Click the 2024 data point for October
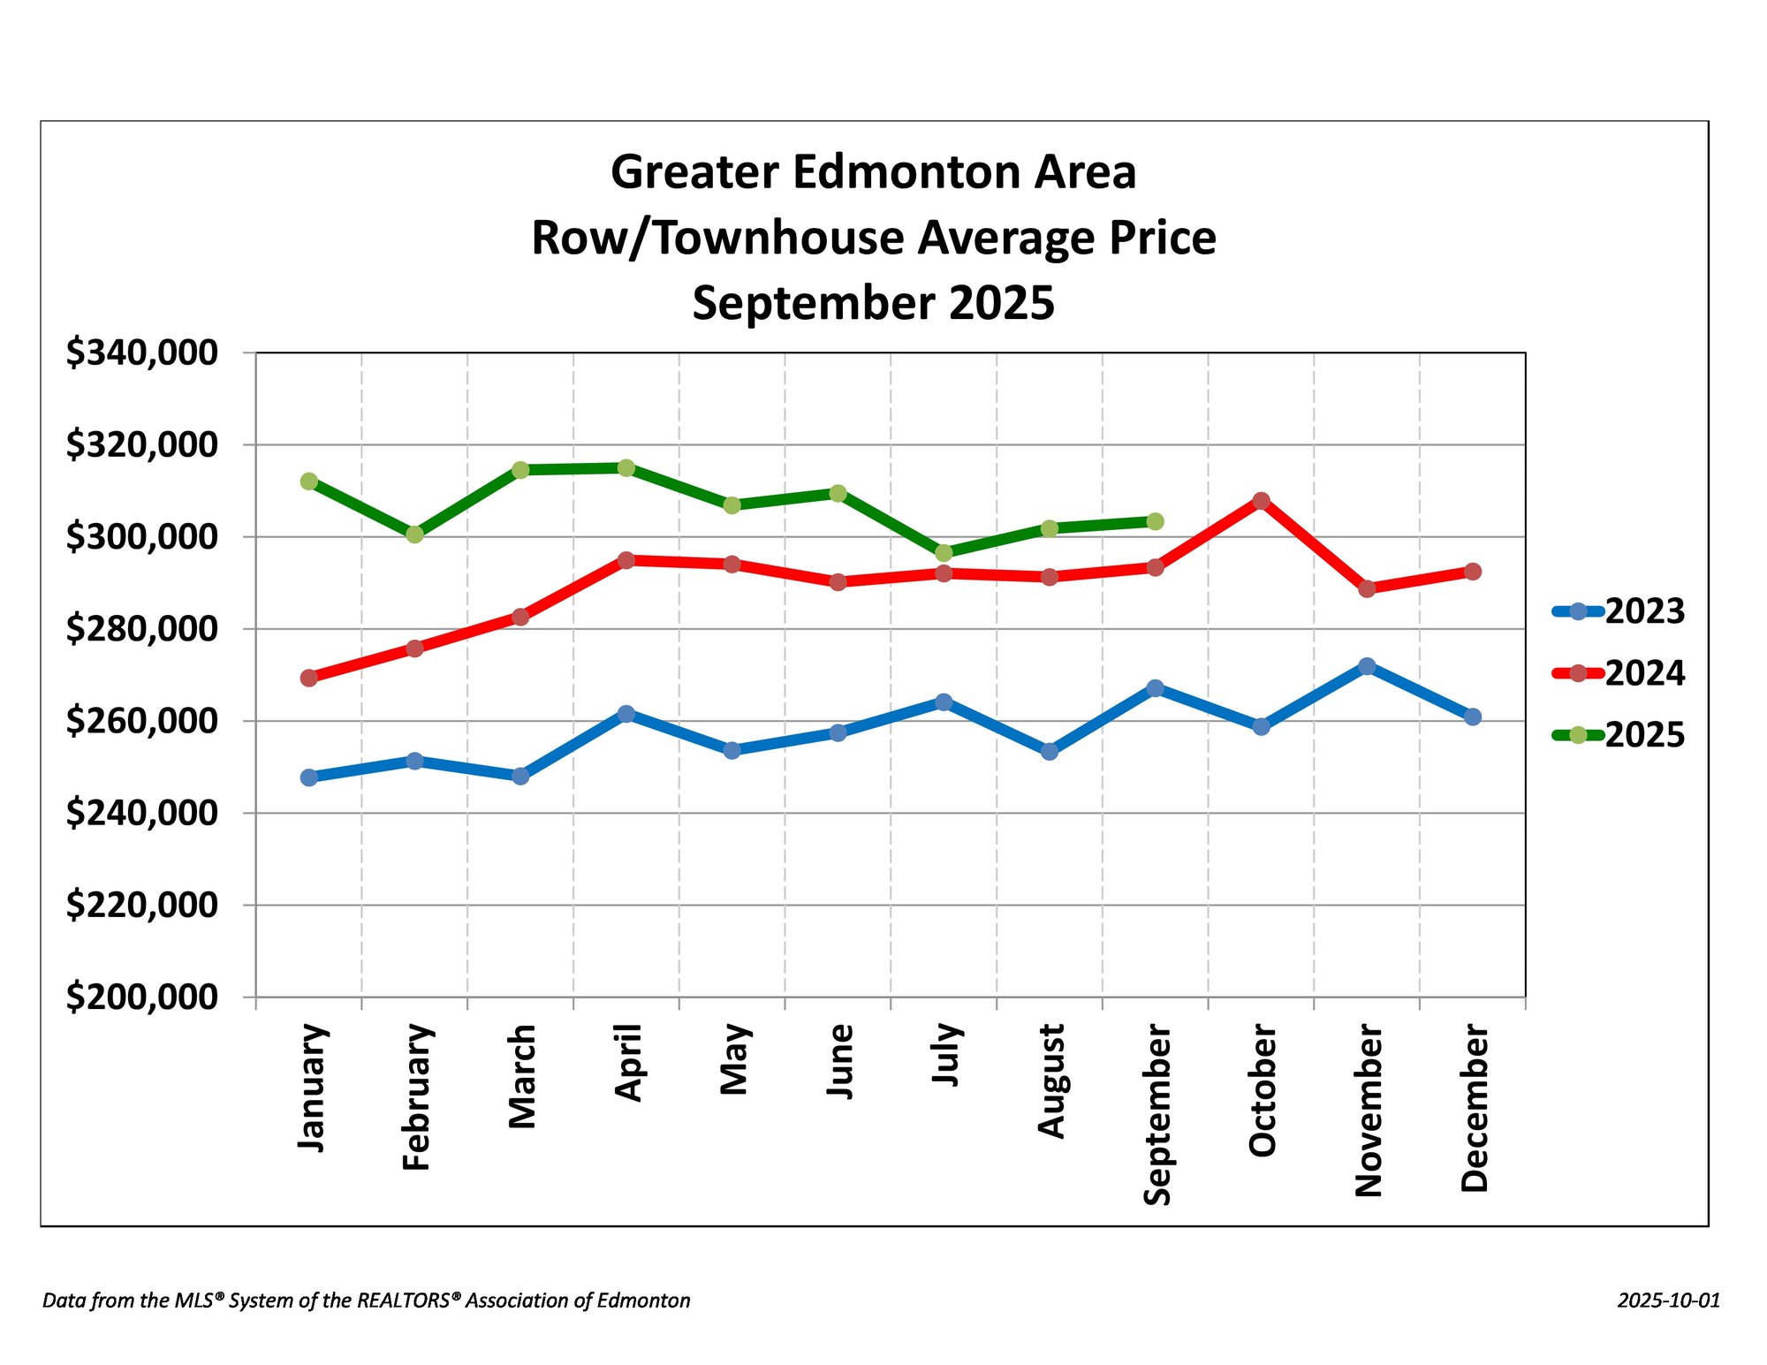[1261, 501]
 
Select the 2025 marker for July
[944, 553]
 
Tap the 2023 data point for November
[1367, 666]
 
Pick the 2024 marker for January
[309, 678]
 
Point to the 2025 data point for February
[414, 535]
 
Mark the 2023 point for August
[1050, 752]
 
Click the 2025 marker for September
[1155, 521]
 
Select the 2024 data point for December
[1473, 572]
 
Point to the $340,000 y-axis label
[142, 353]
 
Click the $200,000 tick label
[142, 997]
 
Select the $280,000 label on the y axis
[142, 629]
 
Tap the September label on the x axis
[1157, 1115]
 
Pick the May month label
[734, 1059]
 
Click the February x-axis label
[416, 1097]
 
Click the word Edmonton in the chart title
[906, 172]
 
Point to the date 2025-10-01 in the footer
[1669, 1301]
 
